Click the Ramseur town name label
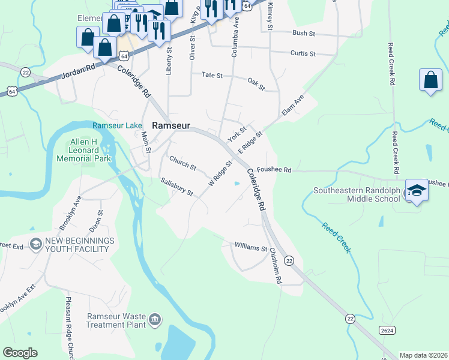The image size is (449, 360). pos(171,125)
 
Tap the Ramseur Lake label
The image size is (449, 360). pos(117,125)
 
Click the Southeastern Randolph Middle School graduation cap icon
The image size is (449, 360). pos(417,191)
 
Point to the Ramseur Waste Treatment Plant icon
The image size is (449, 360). pos(155,318)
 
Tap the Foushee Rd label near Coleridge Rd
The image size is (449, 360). pos(274,170)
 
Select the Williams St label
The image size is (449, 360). pos(251,247)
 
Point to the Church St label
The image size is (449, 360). pos(182,163)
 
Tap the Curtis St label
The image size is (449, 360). pos(303,53)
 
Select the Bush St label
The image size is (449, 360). pos(303,33)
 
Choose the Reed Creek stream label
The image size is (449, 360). pos(336,238)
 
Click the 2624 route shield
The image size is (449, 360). pos(387,330)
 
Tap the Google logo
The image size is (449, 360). pos(20,353)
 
